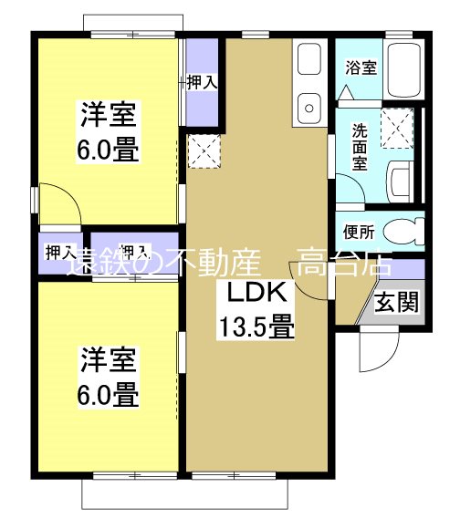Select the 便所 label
point(359,231)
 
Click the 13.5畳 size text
point(255,325)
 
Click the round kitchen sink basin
point(308,107)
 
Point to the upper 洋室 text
point(109,117)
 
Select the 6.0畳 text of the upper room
point(109,149)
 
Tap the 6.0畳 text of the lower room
point(109,394)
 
